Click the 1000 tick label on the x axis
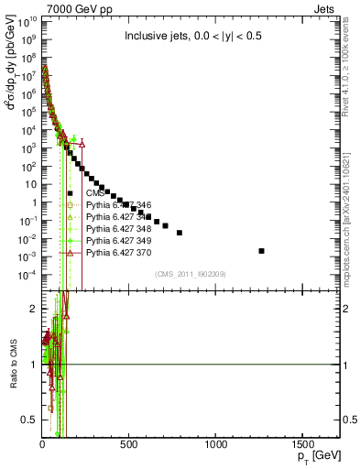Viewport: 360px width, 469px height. [216, 444]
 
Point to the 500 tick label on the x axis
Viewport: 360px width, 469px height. [129, 444]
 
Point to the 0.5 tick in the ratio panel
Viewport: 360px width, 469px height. [29, 420]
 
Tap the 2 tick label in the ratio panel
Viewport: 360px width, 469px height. [33, 309]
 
